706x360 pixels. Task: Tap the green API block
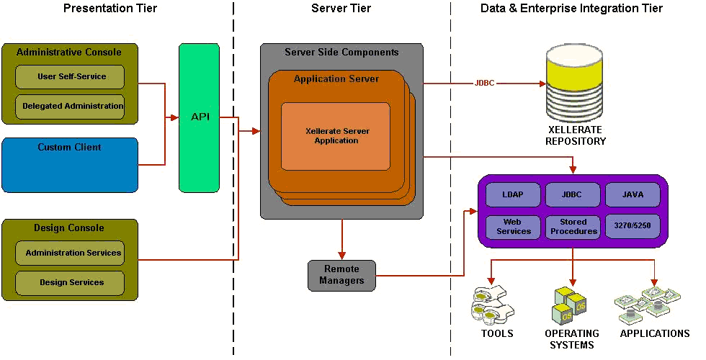[x=199, y=117]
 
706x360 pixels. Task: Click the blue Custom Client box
[x=69, y=165]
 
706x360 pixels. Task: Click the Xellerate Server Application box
[x=335, y=136]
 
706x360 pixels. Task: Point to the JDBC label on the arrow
[x=484, y=83]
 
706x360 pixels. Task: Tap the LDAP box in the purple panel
[x=514, y=194]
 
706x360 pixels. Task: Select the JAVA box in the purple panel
[x=633, y=194]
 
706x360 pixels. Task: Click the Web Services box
[x=514, y=227]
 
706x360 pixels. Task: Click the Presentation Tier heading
[x=110, y=9]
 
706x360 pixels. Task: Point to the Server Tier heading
[x=341, y=9]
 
